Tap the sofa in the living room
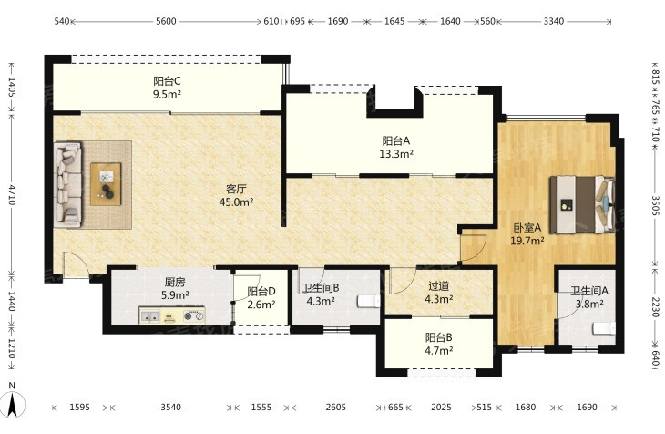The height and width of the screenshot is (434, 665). pos(67,184)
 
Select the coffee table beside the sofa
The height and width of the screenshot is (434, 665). pos(106,184)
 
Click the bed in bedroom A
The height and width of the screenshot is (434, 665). pos(582,204)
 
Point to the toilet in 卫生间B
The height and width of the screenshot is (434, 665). pos(369,301)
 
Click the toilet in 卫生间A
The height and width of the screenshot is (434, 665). pos(604,328)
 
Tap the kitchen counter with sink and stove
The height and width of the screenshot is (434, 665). pos(172,315)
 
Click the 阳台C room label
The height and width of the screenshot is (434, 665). pos(167,80)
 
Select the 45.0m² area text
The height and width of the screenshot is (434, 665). pos(236,202)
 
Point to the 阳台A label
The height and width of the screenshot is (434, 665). pos(396,140)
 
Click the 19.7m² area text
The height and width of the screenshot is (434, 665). pos(527,241)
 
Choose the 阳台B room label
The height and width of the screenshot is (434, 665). pos(438,337)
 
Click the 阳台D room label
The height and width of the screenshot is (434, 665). pos(261,292)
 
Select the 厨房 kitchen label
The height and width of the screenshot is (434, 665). pos(175,282)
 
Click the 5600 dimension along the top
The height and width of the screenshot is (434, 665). pos(166,21)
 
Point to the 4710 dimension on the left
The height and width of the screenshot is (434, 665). pos(12,194)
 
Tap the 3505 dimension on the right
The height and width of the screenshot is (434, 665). pos(656,205)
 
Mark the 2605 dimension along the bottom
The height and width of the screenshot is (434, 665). pos(337,408)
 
